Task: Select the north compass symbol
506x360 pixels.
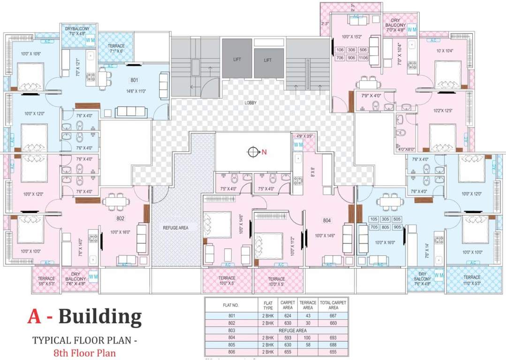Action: point(254,152)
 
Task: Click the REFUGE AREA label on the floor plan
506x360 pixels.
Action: point(175,228)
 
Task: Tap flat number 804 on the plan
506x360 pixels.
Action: point(327,220)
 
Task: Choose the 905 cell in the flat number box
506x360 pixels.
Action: point(396,227)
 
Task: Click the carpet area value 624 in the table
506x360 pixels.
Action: point(287,316)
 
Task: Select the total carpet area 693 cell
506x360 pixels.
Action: point(333,337)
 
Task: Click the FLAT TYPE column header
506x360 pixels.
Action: point(268,305)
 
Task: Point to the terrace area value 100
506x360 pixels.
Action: point(308,337)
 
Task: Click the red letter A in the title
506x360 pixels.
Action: point(34,317)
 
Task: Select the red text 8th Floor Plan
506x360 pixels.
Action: point(84,352)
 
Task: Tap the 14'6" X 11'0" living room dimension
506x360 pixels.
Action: point(135,91)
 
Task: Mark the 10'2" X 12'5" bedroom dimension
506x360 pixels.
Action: point(441,111)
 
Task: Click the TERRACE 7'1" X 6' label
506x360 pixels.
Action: point(116,49)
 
